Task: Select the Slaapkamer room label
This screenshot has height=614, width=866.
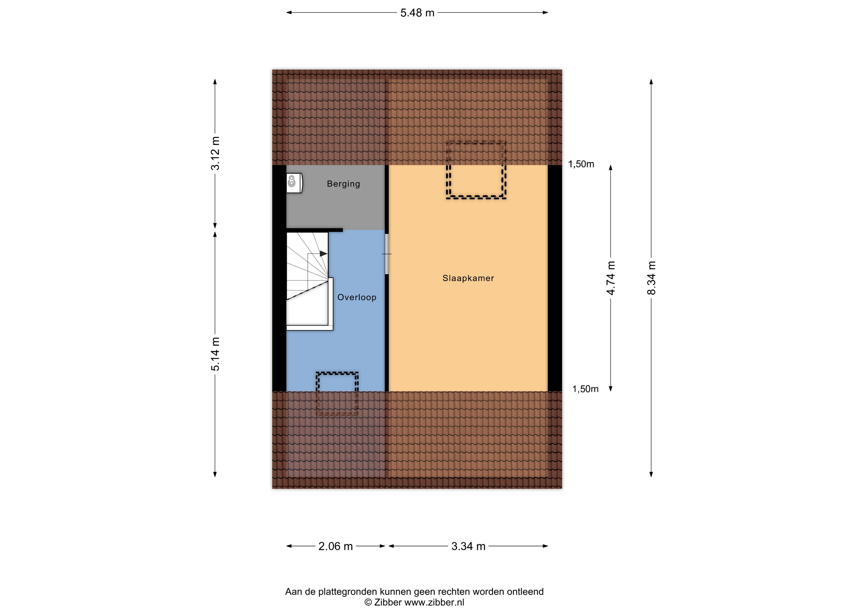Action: coord(468,278)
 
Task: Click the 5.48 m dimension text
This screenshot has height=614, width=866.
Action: coord(417,13)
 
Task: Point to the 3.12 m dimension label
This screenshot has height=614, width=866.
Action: coord(215,153)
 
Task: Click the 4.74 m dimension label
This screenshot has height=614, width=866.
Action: coord(611,278)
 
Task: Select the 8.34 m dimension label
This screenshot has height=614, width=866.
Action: coord(651,278)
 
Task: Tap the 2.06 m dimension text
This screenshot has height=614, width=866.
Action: coord(335,546)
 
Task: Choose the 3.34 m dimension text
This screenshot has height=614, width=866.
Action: coord(468,546)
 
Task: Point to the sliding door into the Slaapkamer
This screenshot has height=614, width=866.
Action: coord(386,254)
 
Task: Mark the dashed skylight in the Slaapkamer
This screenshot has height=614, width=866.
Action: coord(476,170)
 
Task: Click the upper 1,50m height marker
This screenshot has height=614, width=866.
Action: coord(581,164)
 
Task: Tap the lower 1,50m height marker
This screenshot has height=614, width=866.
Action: coord(585,389)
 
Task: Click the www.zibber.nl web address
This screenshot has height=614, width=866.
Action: coord(434,602)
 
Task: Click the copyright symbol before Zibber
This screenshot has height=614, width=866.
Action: coord(368,602)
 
